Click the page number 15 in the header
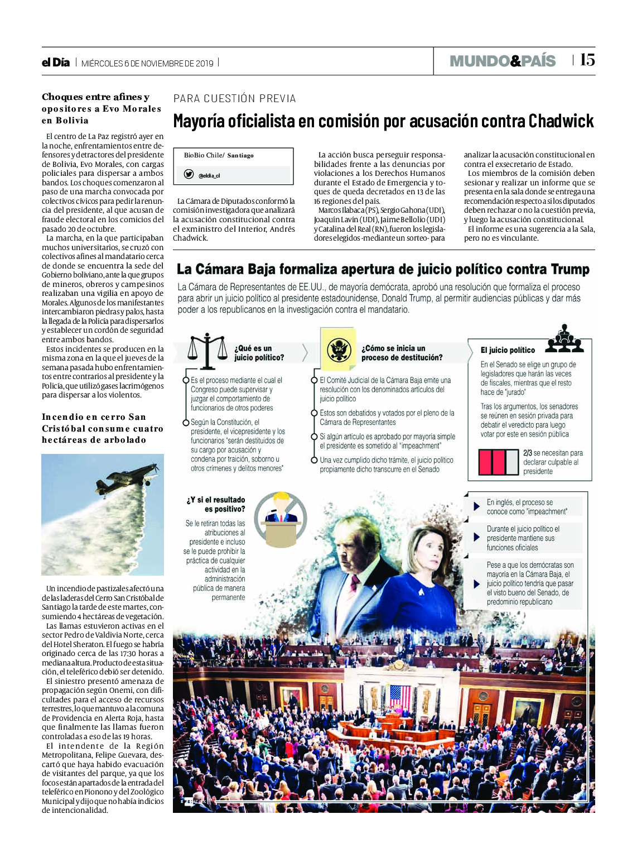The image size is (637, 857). click(587, 60)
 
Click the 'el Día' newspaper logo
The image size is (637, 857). click(56, 63)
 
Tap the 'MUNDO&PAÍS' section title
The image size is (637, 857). click(503, 61)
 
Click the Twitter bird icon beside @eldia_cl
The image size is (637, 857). click(189, 174)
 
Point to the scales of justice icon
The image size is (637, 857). click(207, 352)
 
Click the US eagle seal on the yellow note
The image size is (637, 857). click(339, 350)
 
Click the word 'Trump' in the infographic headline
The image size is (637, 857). click(570, 269)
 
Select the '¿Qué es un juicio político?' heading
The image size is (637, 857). click(259, 353)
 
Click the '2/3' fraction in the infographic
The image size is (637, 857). click(528, 453)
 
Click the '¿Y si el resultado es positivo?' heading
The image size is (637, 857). click(217, 504)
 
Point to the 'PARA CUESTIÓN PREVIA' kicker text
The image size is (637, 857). click(235, 99)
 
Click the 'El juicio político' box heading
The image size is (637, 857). click(508, 350)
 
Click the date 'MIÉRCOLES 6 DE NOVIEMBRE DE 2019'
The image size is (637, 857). click(147, 63)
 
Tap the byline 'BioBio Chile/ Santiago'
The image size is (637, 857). click(219, 155)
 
